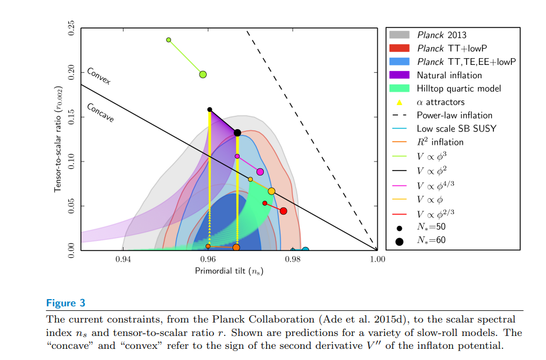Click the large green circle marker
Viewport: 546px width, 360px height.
point(203,74)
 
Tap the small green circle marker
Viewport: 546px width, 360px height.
point(169,40)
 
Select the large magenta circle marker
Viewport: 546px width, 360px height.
point(260,172)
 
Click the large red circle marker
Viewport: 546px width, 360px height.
point(283,211)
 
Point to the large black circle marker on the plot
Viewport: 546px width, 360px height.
point(237,132)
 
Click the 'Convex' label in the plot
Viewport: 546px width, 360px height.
point(99,76)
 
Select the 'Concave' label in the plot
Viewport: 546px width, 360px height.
point(100,112)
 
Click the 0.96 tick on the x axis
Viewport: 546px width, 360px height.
point(208,259)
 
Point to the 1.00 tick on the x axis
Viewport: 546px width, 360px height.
point(377,259)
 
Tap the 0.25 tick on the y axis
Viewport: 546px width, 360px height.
point(71,28)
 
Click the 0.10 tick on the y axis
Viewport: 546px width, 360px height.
point(71,162)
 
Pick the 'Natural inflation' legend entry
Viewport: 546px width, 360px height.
point(449,75)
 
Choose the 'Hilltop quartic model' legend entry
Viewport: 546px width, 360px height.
point(458,88)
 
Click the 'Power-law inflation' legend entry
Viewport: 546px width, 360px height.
point(454,115)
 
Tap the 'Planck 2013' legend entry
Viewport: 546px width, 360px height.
point(441,35)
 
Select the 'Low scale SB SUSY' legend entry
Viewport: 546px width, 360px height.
point(456,129)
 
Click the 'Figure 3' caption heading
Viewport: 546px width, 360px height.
point(65,304)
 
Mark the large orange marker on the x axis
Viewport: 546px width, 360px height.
point(236,248)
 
